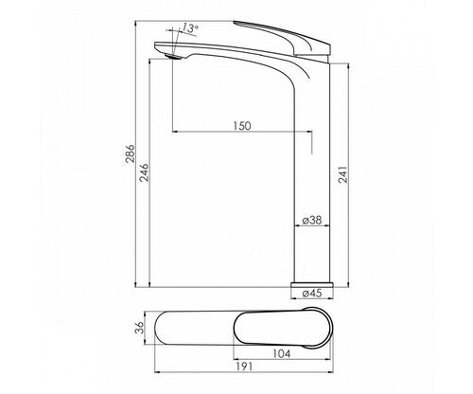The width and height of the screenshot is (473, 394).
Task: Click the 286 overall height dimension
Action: (x=130, y=153)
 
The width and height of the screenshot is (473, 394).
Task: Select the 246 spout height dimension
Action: (x=144, y=172)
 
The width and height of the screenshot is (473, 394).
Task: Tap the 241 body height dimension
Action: (x=342, y=174)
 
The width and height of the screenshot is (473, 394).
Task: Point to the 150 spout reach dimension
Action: (x=242, y=126)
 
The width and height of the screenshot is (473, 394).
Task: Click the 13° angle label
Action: (x=190, y=28)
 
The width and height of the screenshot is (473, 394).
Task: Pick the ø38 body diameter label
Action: (x=312, y=220)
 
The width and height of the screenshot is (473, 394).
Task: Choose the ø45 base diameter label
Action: (x=312, y=293)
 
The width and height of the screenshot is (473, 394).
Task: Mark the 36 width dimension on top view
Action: (x=139, y=328)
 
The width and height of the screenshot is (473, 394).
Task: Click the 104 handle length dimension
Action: (x=281, y=353)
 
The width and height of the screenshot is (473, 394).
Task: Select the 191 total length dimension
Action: (x=244, y=367)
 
